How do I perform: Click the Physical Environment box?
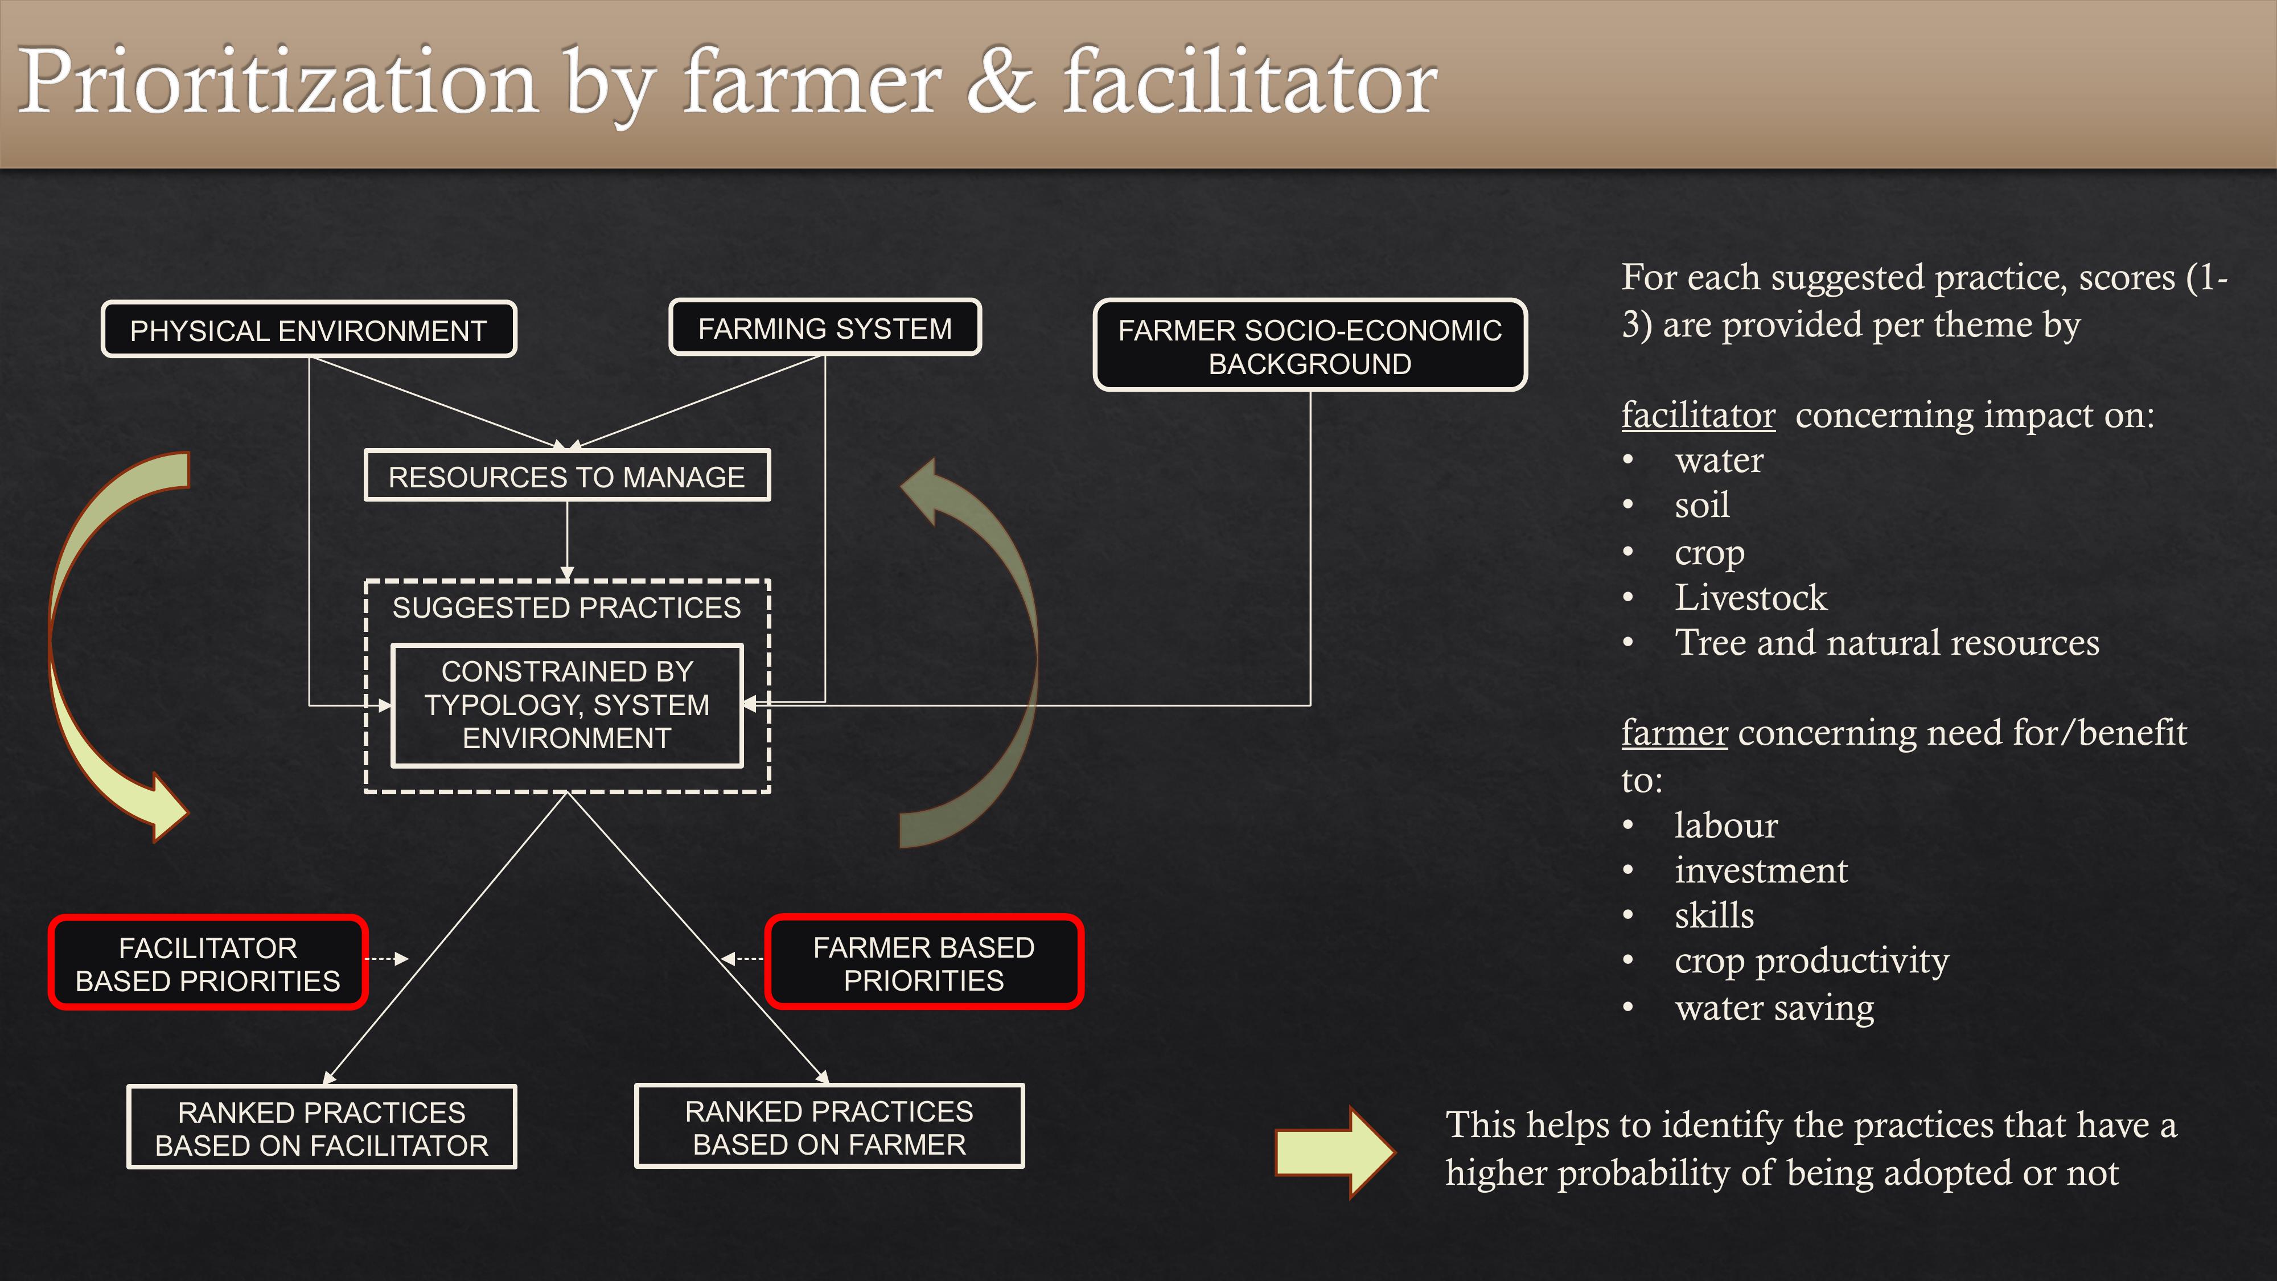[309, 330]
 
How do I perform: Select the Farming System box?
[825, 328]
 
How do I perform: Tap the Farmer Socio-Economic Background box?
[1310, 346]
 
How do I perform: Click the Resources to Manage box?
[566, 477]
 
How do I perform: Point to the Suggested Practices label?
[566, 607]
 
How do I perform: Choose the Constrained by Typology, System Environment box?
[566, 705]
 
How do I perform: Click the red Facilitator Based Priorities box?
[208, 963]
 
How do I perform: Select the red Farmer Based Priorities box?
[924, 963]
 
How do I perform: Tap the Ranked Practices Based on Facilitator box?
[322, 1127]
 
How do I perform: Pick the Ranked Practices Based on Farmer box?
[829, 1126]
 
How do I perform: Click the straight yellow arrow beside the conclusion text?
[1335, 1152]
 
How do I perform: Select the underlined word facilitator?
[1698, 414]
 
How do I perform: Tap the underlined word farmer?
[1674, 733]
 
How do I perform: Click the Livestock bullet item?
[1750, 598]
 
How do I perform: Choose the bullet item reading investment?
[1761, 871]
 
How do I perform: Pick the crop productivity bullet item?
[1811, 962]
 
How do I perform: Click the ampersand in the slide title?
[1001, 82]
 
